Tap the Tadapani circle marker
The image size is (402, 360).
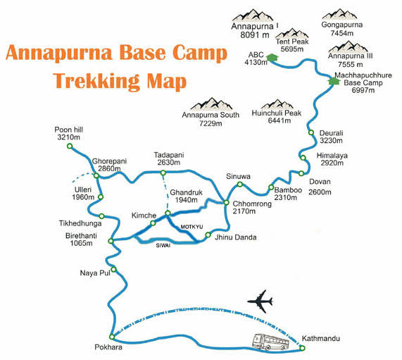click(x=163, y=172)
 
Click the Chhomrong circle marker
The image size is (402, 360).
click(x=226, y=204)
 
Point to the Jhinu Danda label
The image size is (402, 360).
click(x=234, y=237)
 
